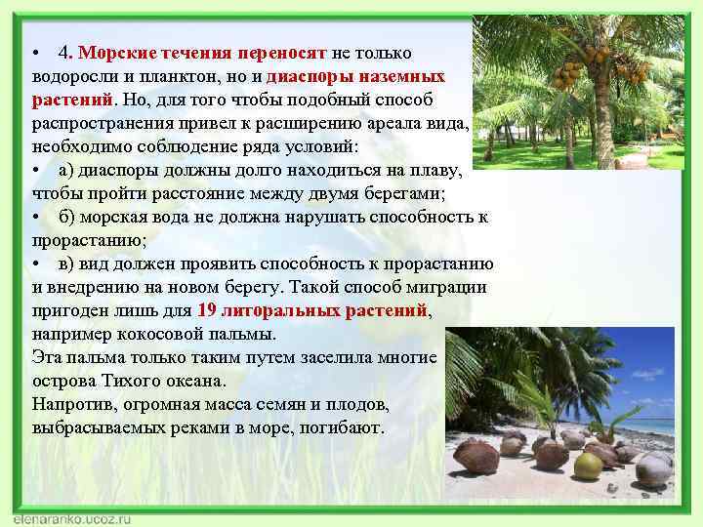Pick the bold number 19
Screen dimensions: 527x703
(x=206, y=310)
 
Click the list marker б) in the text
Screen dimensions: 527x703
(x=67, y=217)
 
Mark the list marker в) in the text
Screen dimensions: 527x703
(x=67, y=263)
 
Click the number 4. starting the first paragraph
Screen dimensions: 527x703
(x=64, y=53)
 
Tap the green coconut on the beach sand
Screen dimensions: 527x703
(x=588, y=466)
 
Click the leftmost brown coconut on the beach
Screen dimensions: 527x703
(x=477, y=456)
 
